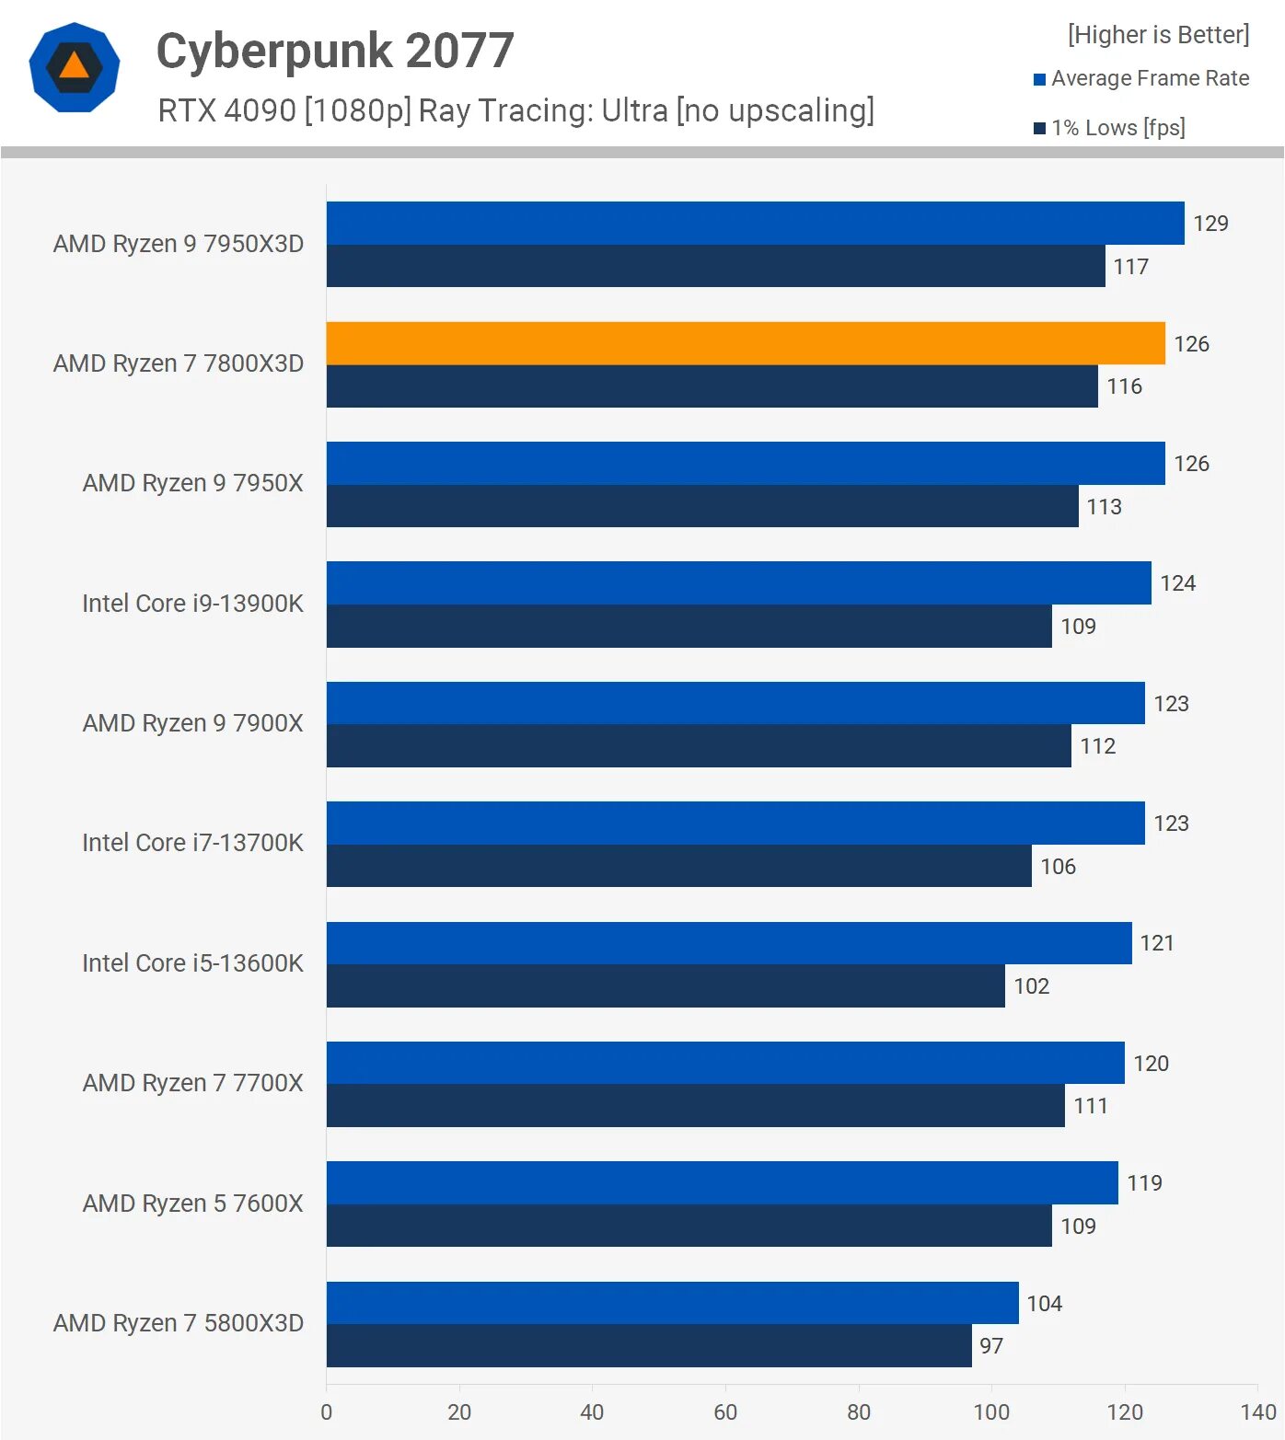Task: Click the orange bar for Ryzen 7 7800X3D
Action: pos(746,343)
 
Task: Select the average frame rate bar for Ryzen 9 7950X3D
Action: pos(755,223)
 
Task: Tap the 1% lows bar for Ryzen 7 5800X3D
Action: pos(649,1345)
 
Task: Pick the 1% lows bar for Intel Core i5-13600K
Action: pos(666,985)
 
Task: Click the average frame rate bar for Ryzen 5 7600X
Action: pos(722,1182)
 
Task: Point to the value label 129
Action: pos(1210,224)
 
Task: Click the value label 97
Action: pos(991,1346)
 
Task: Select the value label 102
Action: pos(1031,986)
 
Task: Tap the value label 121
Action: pos(1156,943)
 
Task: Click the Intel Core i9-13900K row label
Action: pos(192,604)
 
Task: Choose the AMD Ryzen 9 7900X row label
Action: pos(192,723)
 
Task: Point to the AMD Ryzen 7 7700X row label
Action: pos(192,1083)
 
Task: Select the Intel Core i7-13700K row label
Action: pos(192,843)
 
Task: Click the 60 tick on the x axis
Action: pos(725,1412)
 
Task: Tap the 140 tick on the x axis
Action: pos(1257,1412)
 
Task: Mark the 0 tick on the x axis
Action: pos(327,1412)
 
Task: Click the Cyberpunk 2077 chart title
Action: pos(335,51)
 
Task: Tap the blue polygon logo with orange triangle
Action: pos(75,67)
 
